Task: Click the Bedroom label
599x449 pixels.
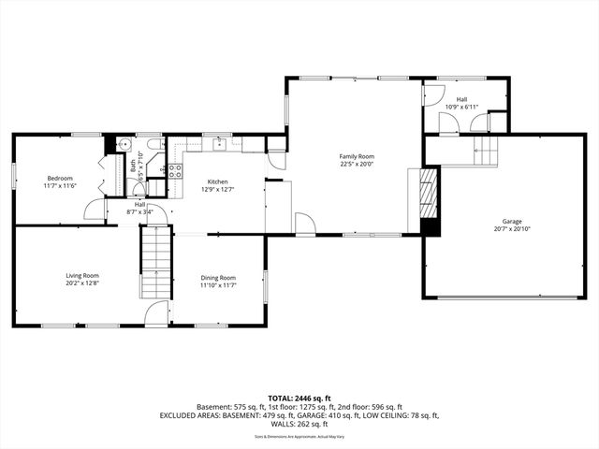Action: tap(60, 178)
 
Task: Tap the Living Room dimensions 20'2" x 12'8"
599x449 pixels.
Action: tap(81, 283)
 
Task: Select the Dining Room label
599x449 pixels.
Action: tap(217, 278)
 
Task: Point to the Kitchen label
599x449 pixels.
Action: tap(217, 181)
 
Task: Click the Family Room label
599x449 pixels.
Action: tap(357, 156)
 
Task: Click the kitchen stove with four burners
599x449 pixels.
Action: tap(174, 170)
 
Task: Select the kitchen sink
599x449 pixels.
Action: tap(220, 144)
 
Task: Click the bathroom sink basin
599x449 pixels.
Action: tap(124, 144)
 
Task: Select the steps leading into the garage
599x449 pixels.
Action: tap(486, 152)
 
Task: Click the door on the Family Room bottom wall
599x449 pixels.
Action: tap(305, 224)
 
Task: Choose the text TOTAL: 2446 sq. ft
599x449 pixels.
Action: tap(299, 398)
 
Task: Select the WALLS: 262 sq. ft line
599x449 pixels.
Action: tap(299, 424)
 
